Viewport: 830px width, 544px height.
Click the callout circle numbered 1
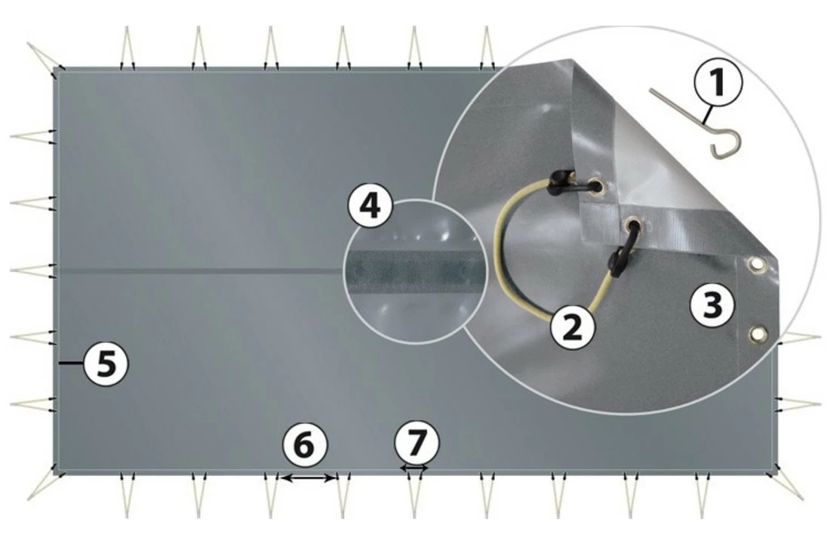(718, 82)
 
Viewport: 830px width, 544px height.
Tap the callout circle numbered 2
(573, 327)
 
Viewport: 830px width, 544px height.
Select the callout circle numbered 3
(712, 304)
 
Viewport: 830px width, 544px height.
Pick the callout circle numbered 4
(370, 206)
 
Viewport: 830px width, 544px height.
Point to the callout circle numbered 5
(106, 363)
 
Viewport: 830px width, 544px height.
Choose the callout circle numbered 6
(304, 444)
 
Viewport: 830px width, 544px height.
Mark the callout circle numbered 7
(417, 443)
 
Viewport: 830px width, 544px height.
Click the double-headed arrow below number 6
(308, 478)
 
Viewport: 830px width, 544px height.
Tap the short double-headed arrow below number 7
(414, 468)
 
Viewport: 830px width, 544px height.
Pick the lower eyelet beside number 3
(758, 334)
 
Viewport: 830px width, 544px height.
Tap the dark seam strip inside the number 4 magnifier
(416, 271)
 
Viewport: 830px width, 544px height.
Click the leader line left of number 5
(71, 363)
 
